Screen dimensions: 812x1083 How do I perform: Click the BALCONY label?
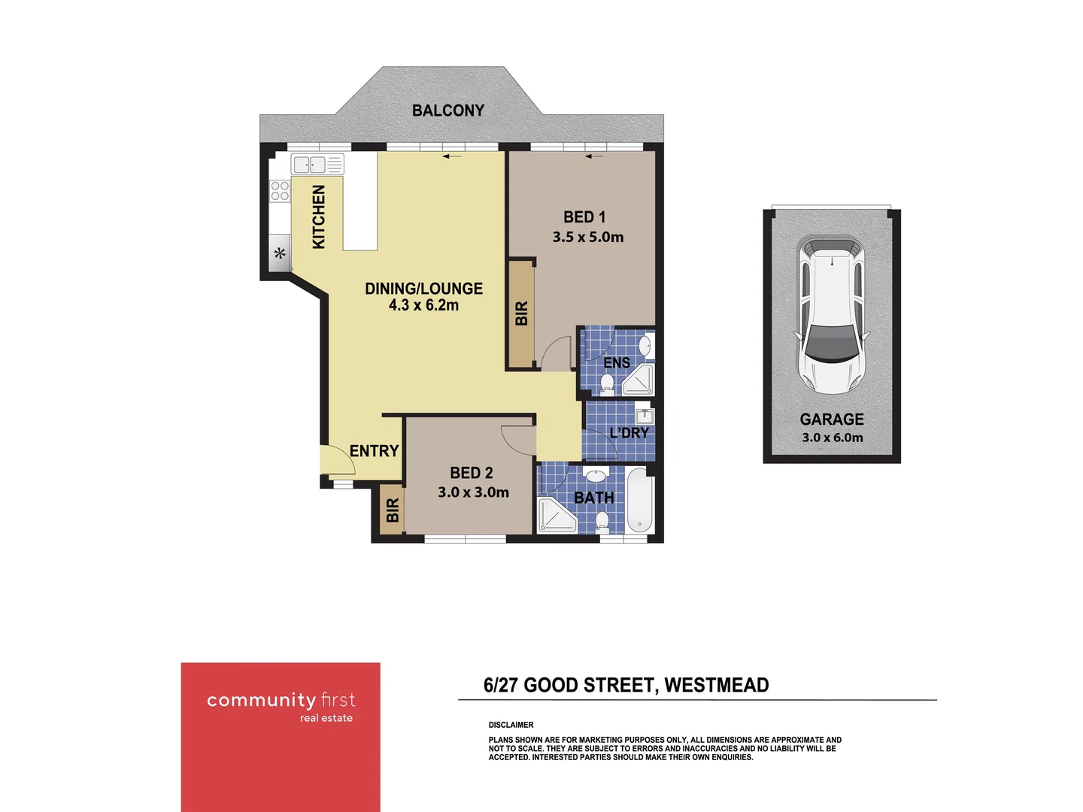point(448,111)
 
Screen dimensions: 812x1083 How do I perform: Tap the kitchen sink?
point(309,164)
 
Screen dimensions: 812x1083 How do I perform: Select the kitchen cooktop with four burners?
point(280,191)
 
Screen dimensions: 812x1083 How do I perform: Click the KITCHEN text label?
point(319,217)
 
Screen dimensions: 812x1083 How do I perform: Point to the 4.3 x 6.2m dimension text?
point(423,305)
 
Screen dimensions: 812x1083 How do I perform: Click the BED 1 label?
point(584,217)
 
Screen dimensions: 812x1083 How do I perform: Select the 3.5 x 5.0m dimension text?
point(588,237)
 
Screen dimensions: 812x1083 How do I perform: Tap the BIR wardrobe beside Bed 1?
point(521,314)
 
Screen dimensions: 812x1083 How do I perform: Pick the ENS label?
point(617,363)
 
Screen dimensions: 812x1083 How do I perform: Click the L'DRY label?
point(629,433)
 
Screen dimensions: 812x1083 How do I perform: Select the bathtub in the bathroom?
point(641,500)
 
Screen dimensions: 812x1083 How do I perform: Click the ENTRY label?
point(374,451)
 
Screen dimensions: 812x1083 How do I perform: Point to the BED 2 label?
point(472,473)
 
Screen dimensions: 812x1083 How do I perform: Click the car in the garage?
point(832,315)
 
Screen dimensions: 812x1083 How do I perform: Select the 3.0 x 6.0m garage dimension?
point(833,438)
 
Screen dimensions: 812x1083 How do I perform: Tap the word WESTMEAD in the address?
point(716,685)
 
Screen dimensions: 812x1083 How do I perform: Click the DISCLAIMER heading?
point(511,725)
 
